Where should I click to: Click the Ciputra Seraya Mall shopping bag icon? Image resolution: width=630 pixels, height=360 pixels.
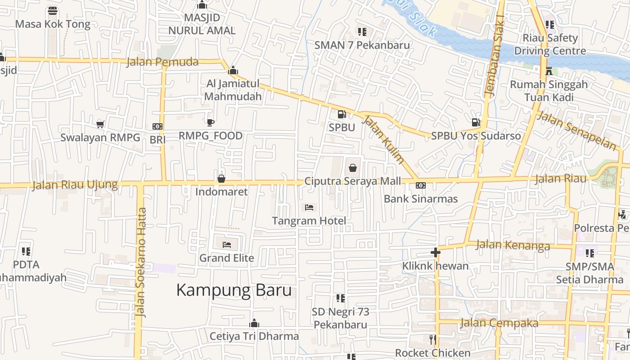coord(353,168)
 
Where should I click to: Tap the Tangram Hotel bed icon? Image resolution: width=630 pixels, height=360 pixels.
coord(309,207)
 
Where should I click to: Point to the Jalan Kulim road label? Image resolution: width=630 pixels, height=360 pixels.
coord(383,139)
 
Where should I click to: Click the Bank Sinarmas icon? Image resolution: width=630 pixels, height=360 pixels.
coord(421,185)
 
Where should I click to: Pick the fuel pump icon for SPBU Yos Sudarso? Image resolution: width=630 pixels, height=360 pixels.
coord(476,122)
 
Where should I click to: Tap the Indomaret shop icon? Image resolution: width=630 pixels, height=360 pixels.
coord(221,179)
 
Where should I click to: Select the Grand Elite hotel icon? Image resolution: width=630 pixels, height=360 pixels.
coord(227,244)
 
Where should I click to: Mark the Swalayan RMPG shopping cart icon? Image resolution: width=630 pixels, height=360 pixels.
coord(100,124)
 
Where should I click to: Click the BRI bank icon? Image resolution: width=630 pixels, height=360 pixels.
coord(157,126)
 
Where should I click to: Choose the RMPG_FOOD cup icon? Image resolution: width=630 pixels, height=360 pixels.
coord(210,122)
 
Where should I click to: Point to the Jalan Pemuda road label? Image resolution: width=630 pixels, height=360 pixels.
coord(162,62)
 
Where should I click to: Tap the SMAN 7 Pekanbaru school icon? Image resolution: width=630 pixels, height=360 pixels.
coord(362,31)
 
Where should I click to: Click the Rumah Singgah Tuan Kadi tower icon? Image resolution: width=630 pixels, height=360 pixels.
coord(549,71)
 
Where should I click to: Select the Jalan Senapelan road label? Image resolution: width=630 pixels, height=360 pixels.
coord(576,130)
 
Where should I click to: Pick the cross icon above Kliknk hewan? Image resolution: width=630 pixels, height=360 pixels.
coord(435,252)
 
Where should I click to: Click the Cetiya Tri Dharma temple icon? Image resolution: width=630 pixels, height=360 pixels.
coord(254,323)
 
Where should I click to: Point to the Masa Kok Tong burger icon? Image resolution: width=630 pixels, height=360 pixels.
coord(53,11)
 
